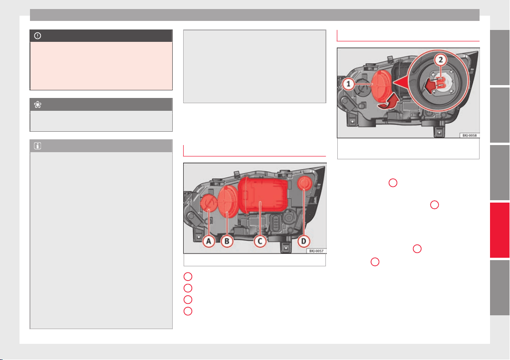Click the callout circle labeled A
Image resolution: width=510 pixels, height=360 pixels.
(x=208, y=241)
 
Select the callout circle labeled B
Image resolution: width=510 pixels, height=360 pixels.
(x=227, y=241)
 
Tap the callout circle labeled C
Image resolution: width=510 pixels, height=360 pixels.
(x=260, y=241)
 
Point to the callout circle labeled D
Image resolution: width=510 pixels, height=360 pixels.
(x=304, y=241)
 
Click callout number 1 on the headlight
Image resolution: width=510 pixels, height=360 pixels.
(x=348, y=84)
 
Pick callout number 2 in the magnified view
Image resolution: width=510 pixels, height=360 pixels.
(x=441, y=60)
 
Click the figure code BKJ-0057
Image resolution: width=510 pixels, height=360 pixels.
(x=316, y=251)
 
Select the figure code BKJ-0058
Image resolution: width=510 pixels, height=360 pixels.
(x=470, y=135)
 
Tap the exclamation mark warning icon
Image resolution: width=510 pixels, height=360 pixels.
(x=38, y=36)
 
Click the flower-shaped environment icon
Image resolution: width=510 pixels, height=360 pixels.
(x=38, y=105)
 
